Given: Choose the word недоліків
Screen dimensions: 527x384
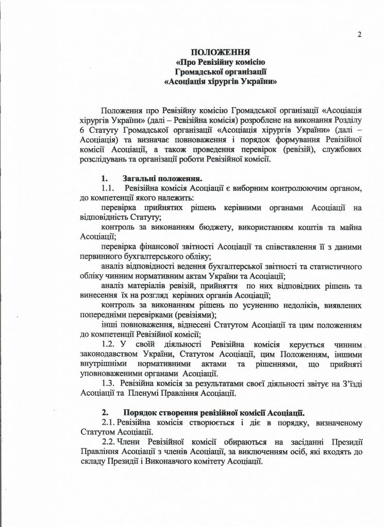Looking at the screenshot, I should point(295,306).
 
